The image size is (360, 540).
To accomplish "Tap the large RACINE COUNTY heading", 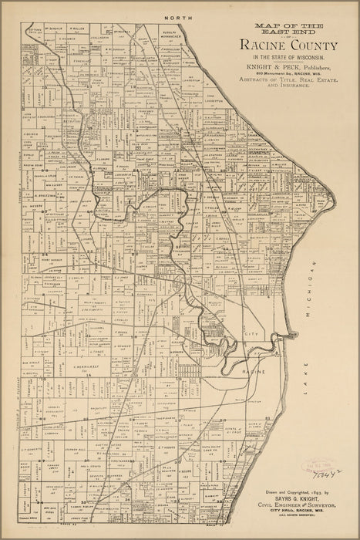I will [x=278, y=49].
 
